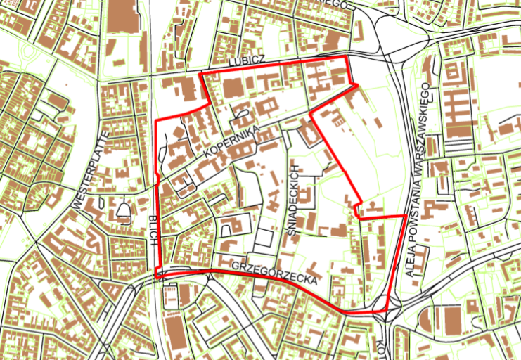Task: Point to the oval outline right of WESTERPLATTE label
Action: click(x=124, y=210)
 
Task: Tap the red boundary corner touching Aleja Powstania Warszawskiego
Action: click(x=404, y=216)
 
